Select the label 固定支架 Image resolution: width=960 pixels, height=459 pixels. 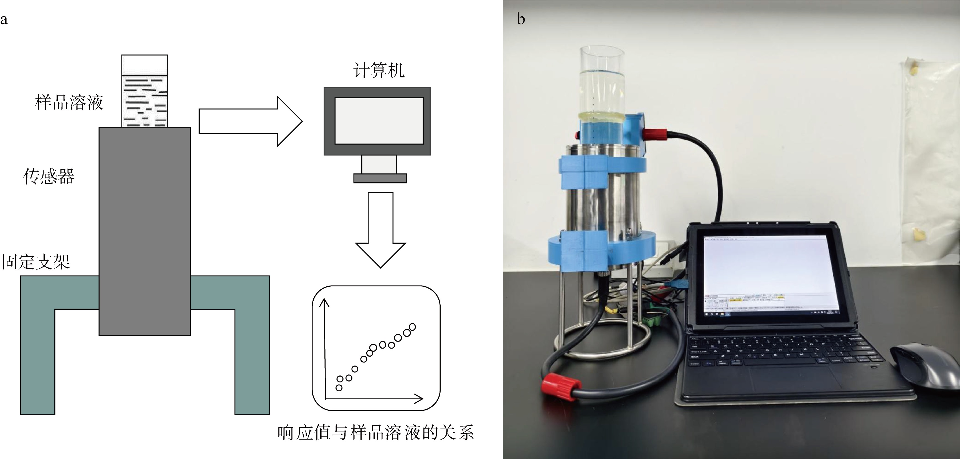pos(36,261)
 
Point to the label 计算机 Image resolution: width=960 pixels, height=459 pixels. pos(379,70)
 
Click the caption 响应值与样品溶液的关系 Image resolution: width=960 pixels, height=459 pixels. pos(376,433)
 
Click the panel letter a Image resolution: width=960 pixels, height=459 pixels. pos(4,19)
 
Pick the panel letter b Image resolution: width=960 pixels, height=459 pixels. pos(521,19)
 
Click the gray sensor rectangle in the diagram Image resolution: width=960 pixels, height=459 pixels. pos(144,231)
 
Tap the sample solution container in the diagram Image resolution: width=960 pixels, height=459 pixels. pos(144,91)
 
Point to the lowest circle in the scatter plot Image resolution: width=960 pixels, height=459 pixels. pos(339,388)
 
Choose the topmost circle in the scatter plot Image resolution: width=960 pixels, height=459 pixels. pos(412,327)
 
